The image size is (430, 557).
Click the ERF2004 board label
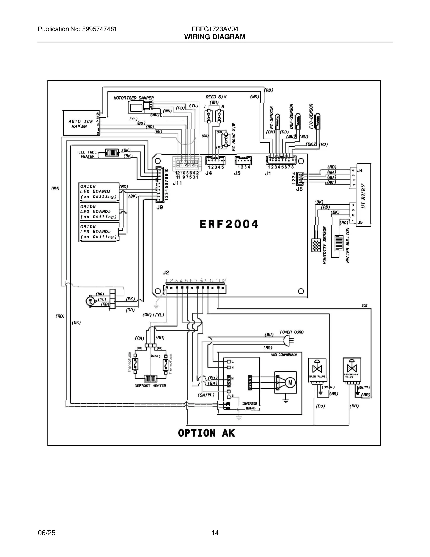click(x=229, y=224)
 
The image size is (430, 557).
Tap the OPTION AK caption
click(x=206, y=433)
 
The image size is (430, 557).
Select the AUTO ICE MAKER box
click(x=81, y=123)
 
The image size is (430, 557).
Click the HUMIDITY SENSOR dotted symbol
click(x=316, y=245)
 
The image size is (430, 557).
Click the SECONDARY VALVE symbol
click(x=352, y=369)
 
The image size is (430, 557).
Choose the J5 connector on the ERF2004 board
click(x=243, y=161)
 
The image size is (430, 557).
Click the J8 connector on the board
click(x=300, y=178)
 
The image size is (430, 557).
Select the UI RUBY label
click(x=363, y=196)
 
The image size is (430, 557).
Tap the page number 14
click(x=215, y=533)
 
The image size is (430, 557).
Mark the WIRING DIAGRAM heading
click(x=215, y=37)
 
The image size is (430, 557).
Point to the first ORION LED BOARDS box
click(x=99, y=191)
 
